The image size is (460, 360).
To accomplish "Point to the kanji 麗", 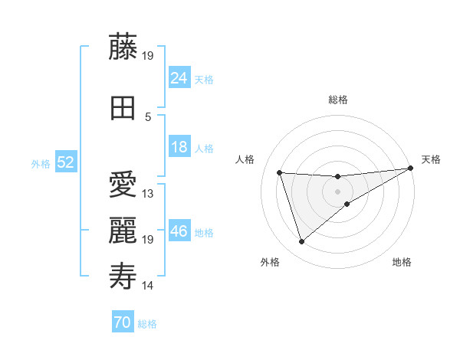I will [x=123, y=231].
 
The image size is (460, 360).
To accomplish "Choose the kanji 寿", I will [x=123, y=277].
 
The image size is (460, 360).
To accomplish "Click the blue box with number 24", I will [x=179, y=77].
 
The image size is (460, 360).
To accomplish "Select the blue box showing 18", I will [x=179, y=147].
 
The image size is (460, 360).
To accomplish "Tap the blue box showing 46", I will [x=179, y=231].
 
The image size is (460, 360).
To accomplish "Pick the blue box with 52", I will [x=65, y=162].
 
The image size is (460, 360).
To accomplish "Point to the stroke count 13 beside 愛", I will [x=148, y=194].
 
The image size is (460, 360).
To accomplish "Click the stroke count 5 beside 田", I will [x=148, y=117].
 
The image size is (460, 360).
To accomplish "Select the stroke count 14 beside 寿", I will [x=148, y=286].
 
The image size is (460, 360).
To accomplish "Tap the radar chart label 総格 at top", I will [x=338, y=100].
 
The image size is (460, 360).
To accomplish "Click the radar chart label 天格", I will [x=431, y=159].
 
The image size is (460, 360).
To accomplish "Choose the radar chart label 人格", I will [x=245, y=159].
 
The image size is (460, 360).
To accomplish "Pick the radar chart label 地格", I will [x=402, y=262].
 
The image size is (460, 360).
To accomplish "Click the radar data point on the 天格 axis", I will [x=411, y=168].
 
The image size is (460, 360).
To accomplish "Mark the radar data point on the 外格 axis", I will [x=301, y=242].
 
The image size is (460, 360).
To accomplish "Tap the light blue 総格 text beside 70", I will [x=147, y=324].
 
